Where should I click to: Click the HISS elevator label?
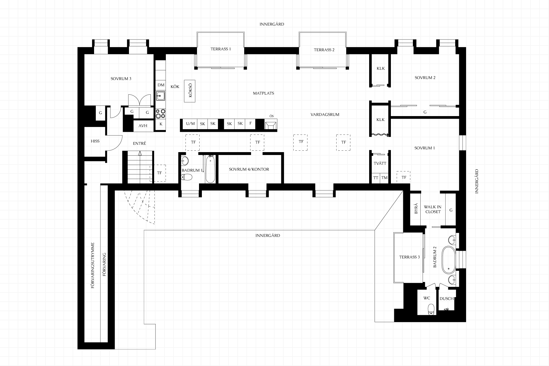(x=95, y=141)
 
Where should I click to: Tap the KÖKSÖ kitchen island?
(x=190, y=91)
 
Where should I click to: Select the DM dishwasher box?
(x=161, y=85)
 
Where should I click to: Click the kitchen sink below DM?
(x=160, y=95)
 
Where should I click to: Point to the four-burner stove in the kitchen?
(x=160, y=114)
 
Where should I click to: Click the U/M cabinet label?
(x=190, y=124)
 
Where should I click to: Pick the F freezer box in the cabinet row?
(x=250, y=124)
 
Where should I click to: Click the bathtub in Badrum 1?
(x=210, y=169)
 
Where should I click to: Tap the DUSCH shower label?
(x=447, y=299)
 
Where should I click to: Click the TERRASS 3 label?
(x=409, y=257)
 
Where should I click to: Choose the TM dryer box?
(x=384, y=178)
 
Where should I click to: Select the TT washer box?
(x=376, y=178)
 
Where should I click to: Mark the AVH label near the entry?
(x=143, y=126)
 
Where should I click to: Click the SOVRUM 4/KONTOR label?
(x=249, y=169)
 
